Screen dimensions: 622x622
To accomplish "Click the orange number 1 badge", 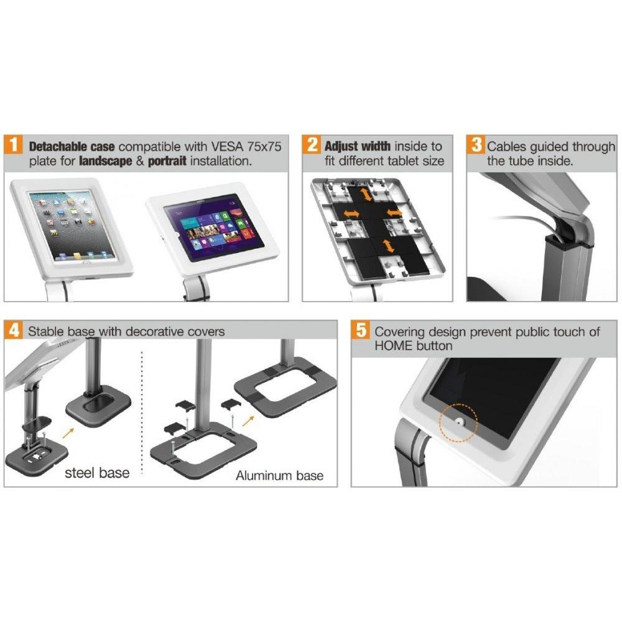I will (15, 147).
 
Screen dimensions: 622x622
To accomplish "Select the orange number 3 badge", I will (476, 147).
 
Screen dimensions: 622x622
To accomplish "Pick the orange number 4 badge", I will (15, 331).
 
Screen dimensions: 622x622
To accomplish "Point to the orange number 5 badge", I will (361, 331).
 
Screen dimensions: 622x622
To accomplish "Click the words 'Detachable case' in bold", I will (72, 147).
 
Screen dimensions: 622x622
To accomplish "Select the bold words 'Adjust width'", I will (358, 147).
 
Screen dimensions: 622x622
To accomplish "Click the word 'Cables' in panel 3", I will (507, 147).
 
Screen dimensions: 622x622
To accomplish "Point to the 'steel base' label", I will (98, 473).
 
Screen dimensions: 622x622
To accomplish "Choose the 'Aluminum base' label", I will (279, 476).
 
